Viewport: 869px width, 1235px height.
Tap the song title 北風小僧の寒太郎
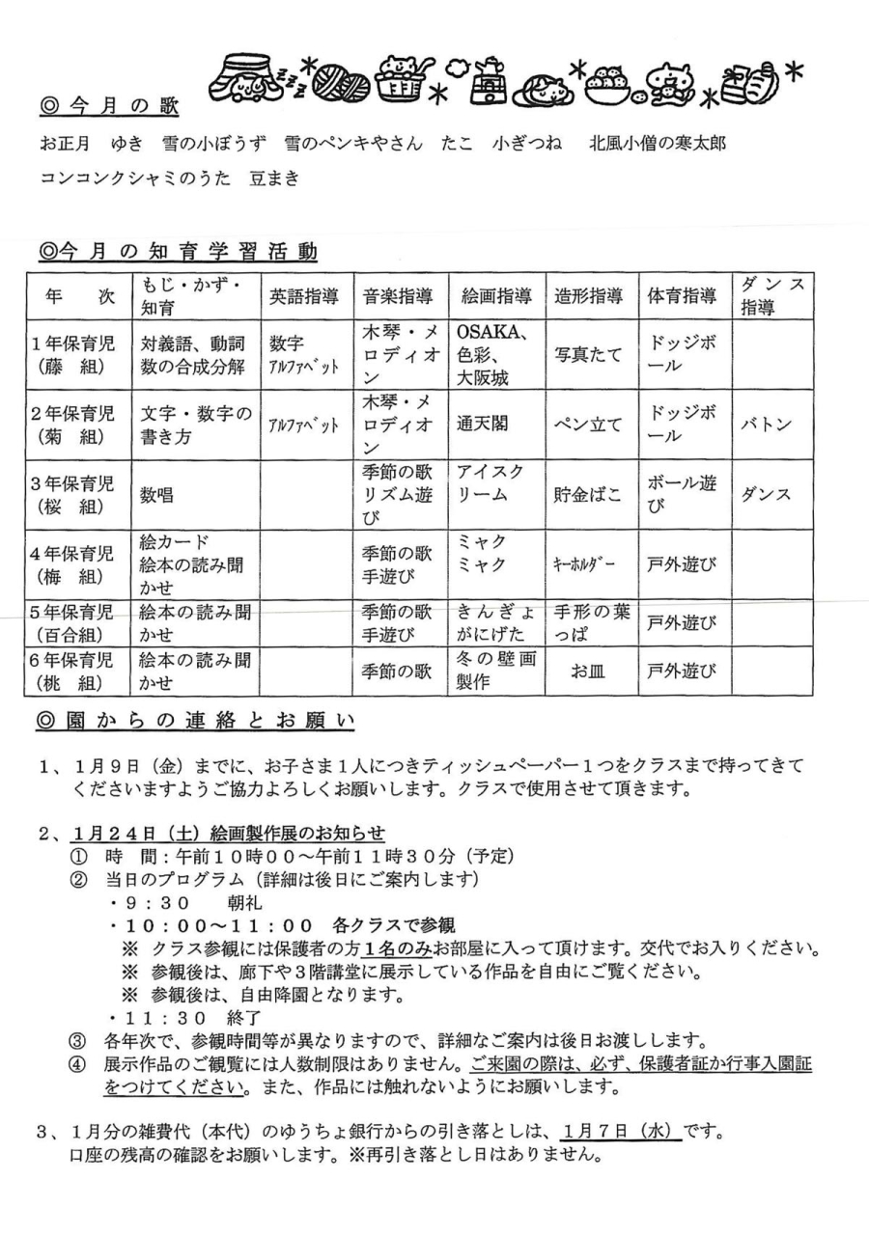[658, 143]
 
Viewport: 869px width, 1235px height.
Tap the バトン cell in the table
[769, 424]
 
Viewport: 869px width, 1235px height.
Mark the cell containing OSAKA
[491, 334]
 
